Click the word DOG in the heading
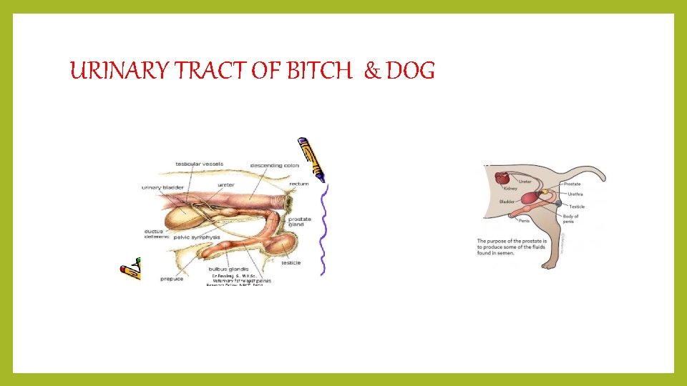point(410,71)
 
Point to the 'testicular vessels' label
point(200,164)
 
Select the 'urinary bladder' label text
point(162,187)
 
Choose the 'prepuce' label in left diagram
point(172,279)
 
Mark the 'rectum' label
point(299,184)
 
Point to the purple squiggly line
point(324,229)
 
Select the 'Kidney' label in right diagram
point(510,189)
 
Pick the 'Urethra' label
point(575,194)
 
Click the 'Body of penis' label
point(571,219)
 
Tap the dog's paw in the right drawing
point(548,266)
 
